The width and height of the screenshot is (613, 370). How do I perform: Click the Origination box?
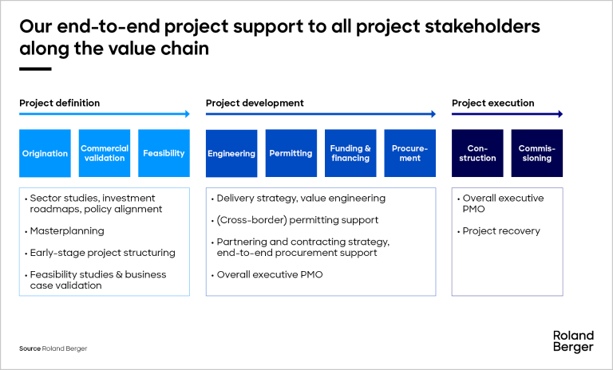45,153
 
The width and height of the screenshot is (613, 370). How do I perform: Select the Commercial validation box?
105,153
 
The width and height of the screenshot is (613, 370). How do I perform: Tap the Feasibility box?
164,153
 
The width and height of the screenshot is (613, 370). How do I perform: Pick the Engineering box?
231,153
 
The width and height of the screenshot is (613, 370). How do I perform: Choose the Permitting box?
291,153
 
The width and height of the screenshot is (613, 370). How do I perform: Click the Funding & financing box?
350,153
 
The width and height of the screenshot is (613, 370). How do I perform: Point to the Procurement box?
409,153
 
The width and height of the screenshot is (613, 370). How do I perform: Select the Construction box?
477,153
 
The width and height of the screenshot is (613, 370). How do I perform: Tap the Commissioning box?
536,153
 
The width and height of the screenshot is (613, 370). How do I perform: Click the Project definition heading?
59,103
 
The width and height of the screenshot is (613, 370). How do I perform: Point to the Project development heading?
255,103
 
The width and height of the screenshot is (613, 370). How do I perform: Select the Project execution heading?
493,103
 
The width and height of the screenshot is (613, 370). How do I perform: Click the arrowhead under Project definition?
188,114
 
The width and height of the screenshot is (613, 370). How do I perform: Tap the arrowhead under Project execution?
560,114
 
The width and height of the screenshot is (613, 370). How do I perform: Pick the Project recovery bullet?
499,231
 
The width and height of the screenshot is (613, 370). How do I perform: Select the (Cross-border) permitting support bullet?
295,220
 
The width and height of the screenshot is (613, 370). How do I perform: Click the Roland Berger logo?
573,341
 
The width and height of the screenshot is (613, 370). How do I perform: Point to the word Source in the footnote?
30,348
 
